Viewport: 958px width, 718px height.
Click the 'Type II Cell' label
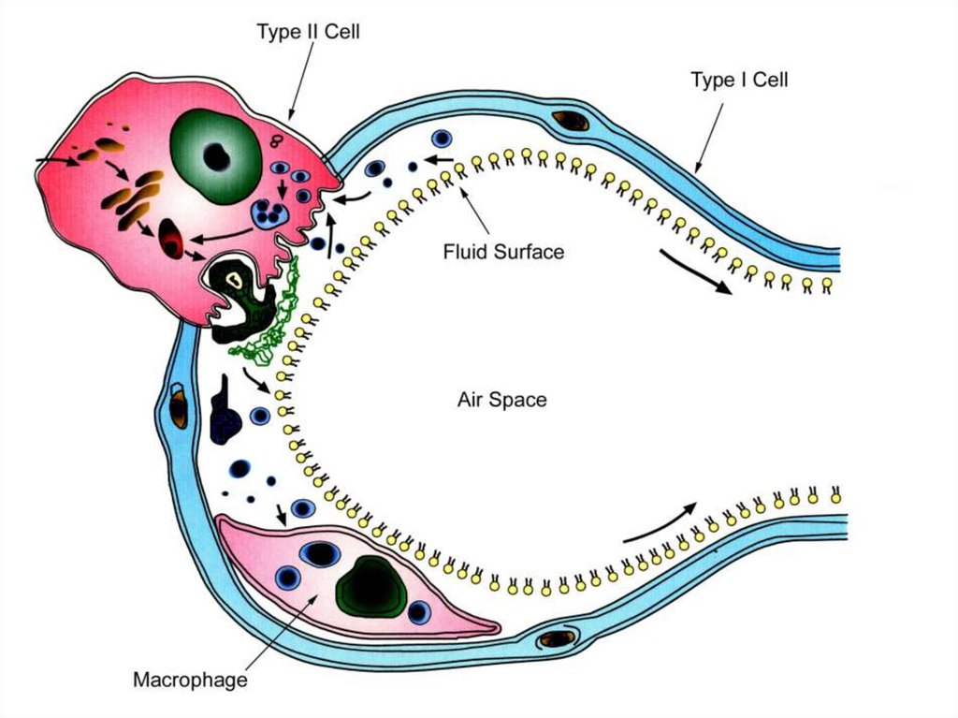(308, 32)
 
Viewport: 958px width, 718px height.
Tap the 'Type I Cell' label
(739, 81)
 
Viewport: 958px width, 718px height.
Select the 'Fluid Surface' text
(503, 251)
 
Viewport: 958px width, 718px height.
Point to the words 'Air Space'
(501, 400)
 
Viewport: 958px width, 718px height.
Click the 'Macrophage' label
(190, 679)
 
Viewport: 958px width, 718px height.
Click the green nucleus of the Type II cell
(215, 155)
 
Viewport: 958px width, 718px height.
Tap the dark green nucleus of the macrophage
(372, 588)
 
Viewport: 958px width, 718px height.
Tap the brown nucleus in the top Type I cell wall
(569, 120)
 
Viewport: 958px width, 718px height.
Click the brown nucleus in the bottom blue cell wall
(558, 638)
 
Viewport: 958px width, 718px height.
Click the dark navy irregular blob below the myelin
(225, 418)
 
